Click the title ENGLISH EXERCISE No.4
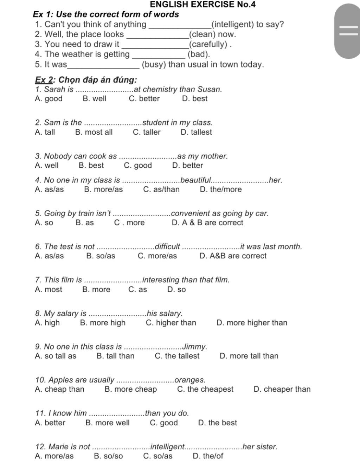[x=202, y=5]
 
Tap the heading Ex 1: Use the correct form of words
[x=106, y=14]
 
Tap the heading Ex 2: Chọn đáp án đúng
[x=86, y=80]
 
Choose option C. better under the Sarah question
[x=144, y=99]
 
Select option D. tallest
[x=196, y=132]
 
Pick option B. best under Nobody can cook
[x=91, y=166]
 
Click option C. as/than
[x=161, y=189]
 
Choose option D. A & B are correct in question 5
[x=207, y=223]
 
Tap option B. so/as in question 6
[x=101, y=256]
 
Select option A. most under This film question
[x=49, y=290]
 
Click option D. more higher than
[x=252, y=323]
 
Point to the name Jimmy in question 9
[x=195, y=347]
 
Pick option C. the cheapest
[x=205, y=389]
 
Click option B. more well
[x=107, y=423]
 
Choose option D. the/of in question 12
[x=208, y=456]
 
